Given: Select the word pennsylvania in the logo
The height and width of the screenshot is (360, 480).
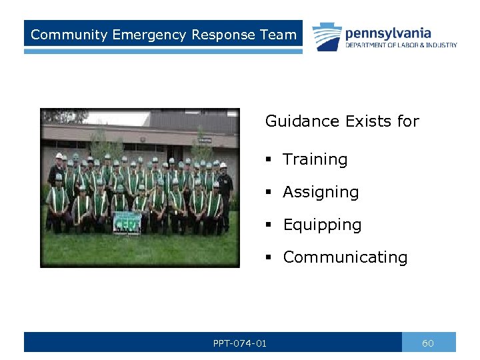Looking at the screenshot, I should point(388,33).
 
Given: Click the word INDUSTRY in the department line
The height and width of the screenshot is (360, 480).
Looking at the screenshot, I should point(443,45).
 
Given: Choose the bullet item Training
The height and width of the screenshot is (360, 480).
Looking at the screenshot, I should point(315,160).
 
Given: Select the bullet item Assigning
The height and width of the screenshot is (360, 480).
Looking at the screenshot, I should point(321,193).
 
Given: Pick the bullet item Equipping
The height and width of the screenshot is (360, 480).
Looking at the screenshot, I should point(322,225).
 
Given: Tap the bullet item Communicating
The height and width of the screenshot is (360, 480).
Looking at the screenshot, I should point(345,257).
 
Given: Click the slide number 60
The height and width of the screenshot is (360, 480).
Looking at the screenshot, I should point(428,343).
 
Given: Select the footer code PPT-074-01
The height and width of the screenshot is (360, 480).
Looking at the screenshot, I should point(239,343).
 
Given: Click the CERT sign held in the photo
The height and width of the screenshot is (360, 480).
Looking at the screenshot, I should point(127,221).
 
